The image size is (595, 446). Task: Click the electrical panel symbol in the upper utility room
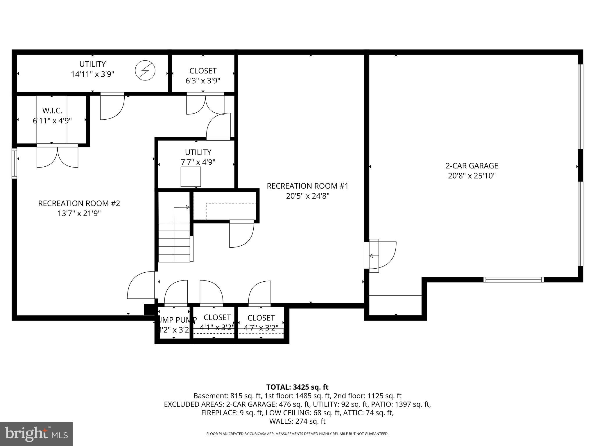click(x=145, y=70)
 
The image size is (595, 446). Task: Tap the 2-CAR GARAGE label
click(x=472, y=166)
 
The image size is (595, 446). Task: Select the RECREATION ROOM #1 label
click(x=307, y=186)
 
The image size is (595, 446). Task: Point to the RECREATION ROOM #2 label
click(x=79, y=204)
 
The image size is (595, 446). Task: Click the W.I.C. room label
click(x=52, y=111)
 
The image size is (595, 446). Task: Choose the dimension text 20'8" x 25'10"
click(x=472, y=176)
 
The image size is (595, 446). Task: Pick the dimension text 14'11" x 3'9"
click(x=92, y=74)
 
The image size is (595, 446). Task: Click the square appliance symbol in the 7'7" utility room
click(x=191, y=177)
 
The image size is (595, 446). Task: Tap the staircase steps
click(x=174, y=242)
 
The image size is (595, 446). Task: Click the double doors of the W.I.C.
click(x=58, y=157)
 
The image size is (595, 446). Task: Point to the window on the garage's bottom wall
click(x=513, y=280)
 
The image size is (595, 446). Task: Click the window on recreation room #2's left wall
click(x=14, y=163)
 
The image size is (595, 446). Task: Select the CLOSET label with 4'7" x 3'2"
click(x=261, y=318)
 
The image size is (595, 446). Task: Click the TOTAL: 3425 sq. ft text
click(x=297, y=387)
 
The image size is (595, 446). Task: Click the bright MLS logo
click(x=36, y=434)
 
